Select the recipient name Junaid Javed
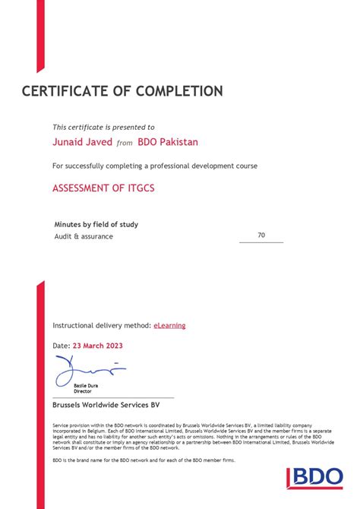coord(82,141)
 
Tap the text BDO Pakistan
coord(168,141)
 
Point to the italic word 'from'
coord(125,143)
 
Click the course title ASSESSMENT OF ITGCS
coord(103,188)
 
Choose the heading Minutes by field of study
coord(96,224)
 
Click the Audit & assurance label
coord(84,236)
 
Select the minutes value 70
coord(261,236)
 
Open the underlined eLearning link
coord(169,325)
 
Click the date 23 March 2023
coord(98,345)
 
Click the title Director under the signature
coord(82,391)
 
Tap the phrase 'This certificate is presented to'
coord(103,128)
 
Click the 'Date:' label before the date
coord(62,345)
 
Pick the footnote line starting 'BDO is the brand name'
coord(144,460)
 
